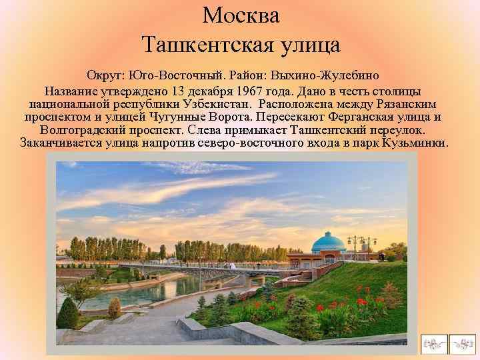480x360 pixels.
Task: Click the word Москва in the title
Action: pyautogui.click(x=241, y=15)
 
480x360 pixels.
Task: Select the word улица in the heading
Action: pyautogui.click(x=308, y=45)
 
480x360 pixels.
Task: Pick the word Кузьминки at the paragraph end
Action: pyautogui.click(x=415, y=143)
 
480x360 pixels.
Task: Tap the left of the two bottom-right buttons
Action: pyautogui.click(x=433, y=343)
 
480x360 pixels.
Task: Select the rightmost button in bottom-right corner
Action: pyautogui.click(x=463, y=343)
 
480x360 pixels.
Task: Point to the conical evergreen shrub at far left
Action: pyautogui.click(x=68, y=312)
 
